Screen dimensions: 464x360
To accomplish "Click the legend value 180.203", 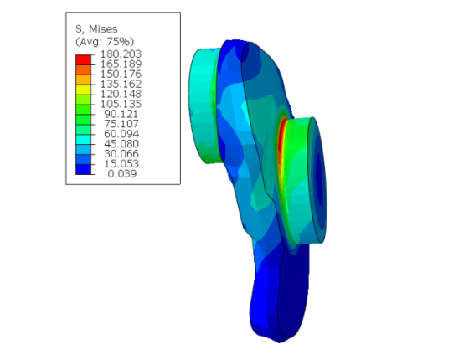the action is pyautogui.click(x=121, y=54).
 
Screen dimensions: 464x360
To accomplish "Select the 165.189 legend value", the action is pyautogui.click(x=121, y=64).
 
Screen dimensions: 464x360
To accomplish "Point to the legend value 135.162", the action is pyautogui.click(x=121, y=84).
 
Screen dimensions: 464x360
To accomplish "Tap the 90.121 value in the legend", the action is pyautogui.click(x=121, y=114).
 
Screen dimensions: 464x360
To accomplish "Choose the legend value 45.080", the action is pyautogui.click(x=121, y=144).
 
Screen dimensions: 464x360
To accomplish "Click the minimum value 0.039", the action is pyautogui.click(x=122, y=174).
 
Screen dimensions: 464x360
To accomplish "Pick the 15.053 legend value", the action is pyautogui.click(x=121, y=164).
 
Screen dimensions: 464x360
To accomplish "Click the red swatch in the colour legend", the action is pyautogui.click(x=83, y=59).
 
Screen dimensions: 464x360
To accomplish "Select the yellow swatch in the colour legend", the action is pyautogui.click(x=83, y=90).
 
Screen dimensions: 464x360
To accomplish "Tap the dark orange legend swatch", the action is pyautogui.click(x=83, y=69).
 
